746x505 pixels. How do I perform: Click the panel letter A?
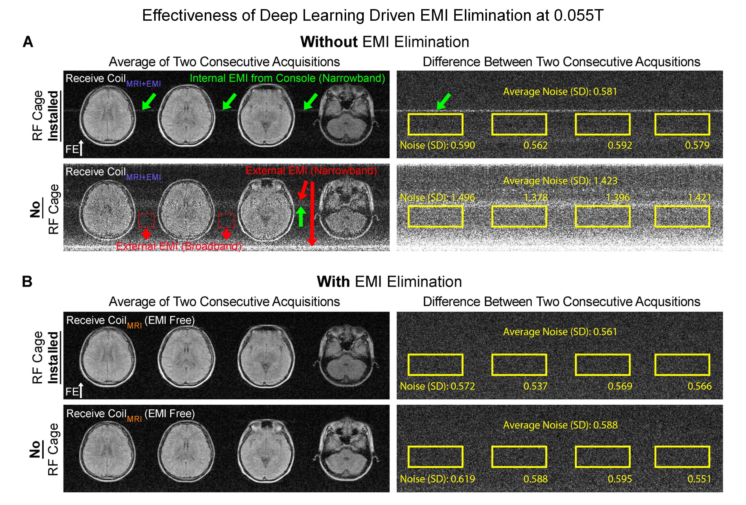click(28, 42)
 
